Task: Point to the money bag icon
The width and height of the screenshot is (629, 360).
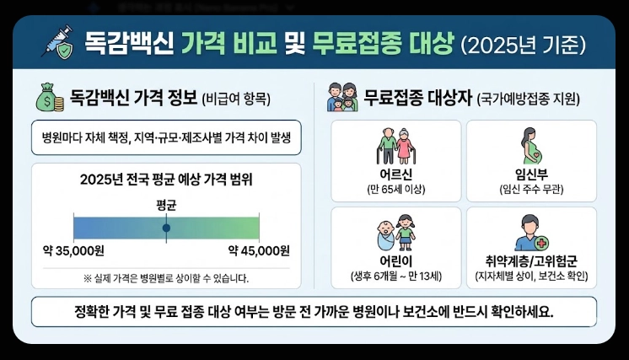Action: (x=48, y=98)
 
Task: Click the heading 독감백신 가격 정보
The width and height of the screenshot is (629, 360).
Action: (x=134, y=98)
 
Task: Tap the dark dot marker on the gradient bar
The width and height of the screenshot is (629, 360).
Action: (x=166, y=228)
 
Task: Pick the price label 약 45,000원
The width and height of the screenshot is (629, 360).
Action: (x=259, y=250)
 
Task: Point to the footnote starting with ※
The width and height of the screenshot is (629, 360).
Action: (x=166, y=277)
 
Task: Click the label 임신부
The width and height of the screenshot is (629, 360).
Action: (x=531, y=175)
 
